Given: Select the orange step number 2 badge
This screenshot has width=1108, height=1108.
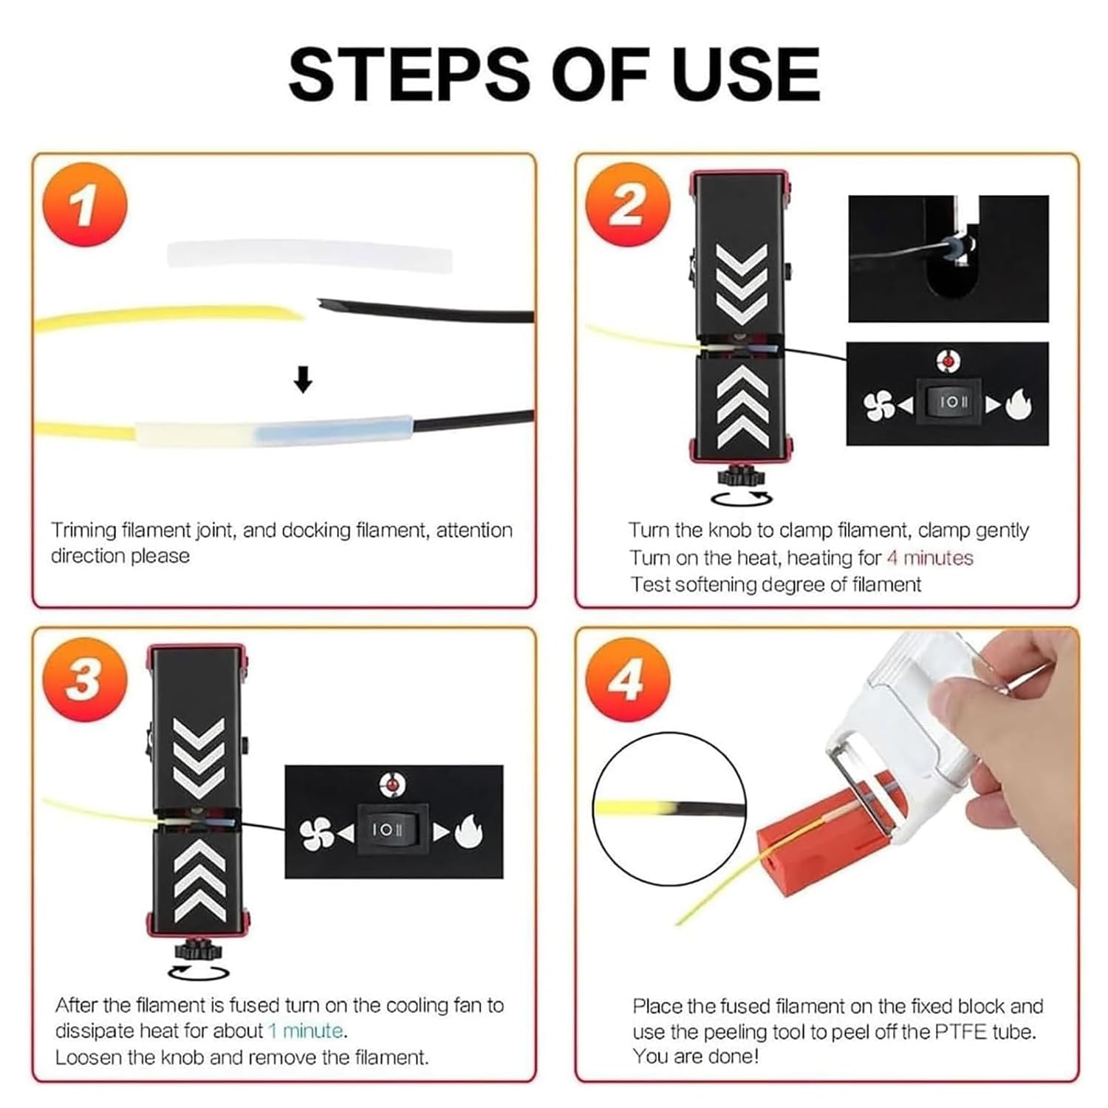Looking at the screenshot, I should click(627, 205).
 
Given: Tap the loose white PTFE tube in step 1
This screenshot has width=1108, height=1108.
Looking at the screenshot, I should click(310, 255).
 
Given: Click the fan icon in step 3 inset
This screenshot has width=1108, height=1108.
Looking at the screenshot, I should click(315, 832).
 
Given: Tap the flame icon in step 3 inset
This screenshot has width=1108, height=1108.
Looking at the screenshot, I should click(468, 832).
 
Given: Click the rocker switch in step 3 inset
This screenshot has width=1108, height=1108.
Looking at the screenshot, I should click(387, 830).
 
